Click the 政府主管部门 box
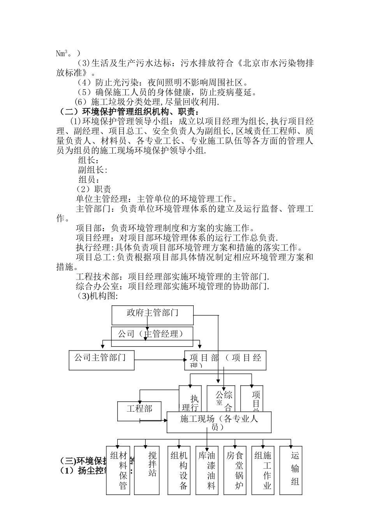click(x=152, y=315)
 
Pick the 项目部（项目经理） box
click(x=225, y=360)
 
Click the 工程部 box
click(x=139, y=411)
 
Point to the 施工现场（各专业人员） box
click(x=219, y=422)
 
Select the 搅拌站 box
click(x=147, y=470)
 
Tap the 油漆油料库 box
click(x=206, y=470)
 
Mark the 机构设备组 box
click(x=179, y=470)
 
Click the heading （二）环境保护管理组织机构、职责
click(x=129, y=112)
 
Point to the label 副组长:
click(x=92, y=170)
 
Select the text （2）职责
click(x=93, y=189)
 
